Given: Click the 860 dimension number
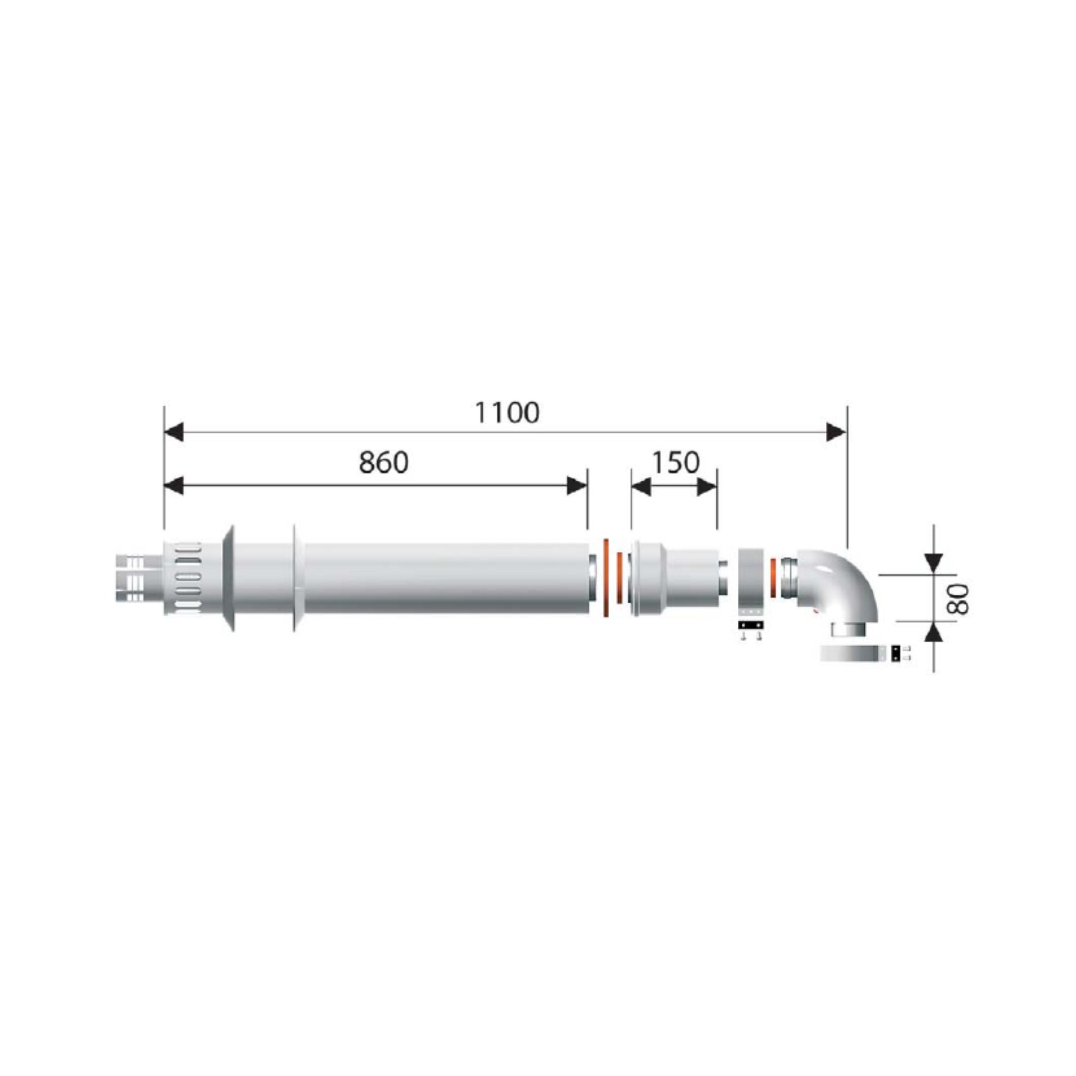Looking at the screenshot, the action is click(x=383, y=463).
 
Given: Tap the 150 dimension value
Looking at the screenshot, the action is click(x=675, y=462).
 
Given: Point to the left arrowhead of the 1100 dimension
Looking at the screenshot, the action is click(x=174, y=431).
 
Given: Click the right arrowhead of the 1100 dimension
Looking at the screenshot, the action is click(x=836, y=431).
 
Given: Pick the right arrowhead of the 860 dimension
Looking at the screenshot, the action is click(x=577, y=486).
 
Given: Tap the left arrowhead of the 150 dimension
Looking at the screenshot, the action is click(x=641, y=487).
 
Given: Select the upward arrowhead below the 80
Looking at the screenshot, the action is click(x=934, y=632).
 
